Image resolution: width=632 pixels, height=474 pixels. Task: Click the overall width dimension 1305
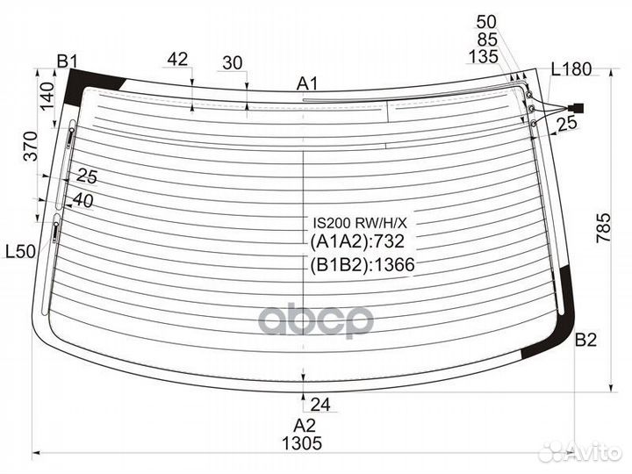302,443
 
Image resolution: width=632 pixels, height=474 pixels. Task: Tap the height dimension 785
603,228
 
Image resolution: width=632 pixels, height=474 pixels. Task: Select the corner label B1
67,61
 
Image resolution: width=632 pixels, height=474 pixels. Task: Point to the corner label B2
585,341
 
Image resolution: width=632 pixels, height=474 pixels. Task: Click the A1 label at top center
307,84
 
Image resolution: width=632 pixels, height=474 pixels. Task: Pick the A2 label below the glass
305,425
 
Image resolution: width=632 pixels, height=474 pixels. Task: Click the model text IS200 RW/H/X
361,222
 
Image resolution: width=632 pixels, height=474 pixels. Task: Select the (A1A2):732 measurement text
357,241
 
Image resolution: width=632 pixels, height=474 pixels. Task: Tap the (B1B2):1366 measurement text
363,265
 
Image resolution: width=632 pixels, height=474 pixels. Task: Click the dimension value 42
177,60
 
